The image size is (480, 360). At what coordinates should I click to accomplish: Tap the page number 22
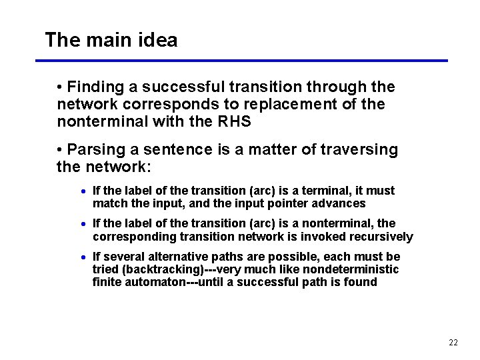[x=453, y=343]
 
